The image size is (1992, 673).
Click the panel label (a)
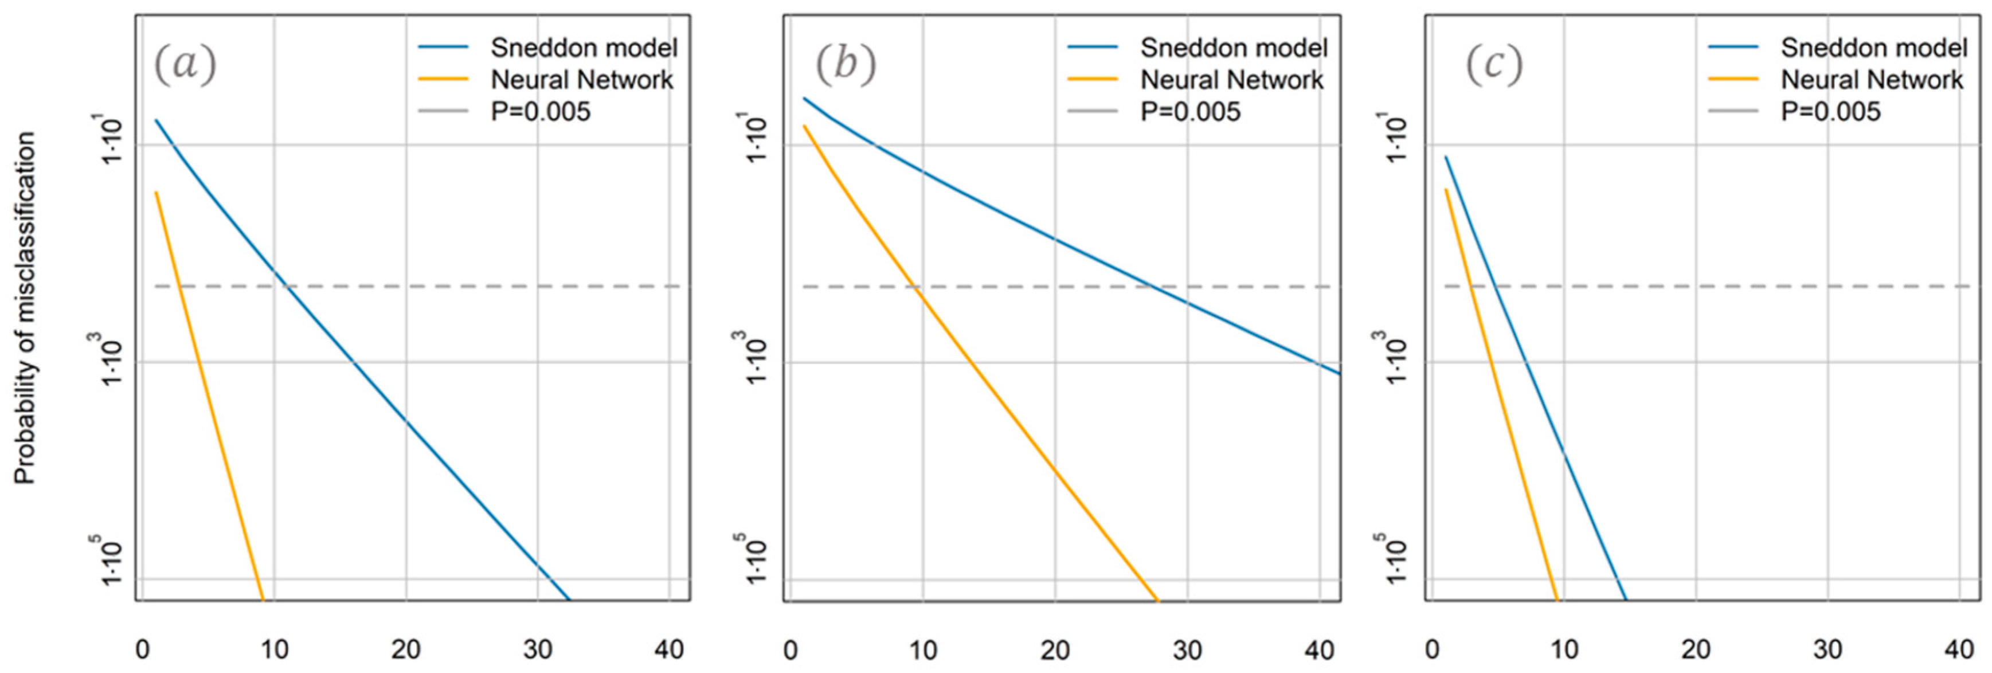185,64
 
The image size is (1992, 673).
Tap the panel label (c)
1494,64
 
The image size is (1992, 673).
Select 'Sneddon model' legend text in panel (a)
584,48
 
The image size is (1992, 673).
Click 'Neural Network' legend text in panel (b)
1232,80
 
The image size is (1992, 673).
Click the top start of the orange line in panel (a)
156,193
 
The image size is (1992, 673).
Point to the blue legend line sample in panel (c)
1733,48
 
